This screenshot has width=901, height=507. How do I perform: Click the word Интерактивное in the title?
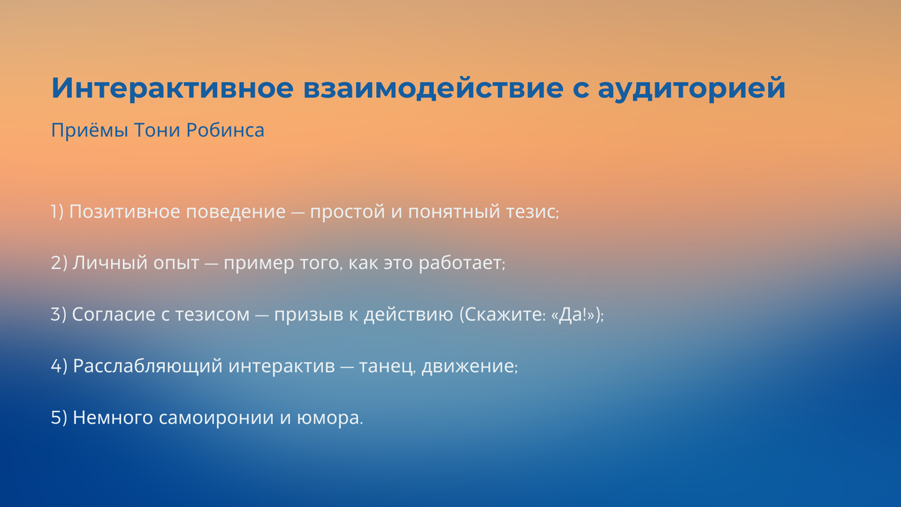pos(172,88)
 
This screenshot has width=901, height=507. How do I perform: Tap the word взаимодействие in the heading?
pos(432,88)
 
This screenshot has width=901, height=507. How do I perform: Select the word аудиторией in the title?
pos(691,88)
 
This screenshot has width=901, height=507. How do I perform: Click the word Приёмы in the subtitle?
pos(89,130)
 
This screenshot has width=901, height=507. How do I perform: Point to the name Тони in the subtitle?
pos(157,131)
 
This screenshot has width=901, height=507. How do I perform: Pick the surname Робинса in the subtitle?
pos(225,131)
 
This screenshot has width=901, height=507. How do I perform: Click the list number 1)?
pos(57,212)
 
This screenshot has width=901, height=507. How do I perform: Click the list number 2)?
pos(59,263)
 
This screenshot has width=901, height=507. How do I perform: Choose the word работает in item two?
pos(460,263)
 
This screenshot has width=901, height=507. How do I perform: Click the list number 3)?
pos(59,315)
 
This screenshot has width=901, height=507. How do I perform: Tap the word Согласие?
pos(113,314)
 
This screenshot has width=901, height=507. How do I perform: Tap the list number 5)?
pos(59,418)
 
